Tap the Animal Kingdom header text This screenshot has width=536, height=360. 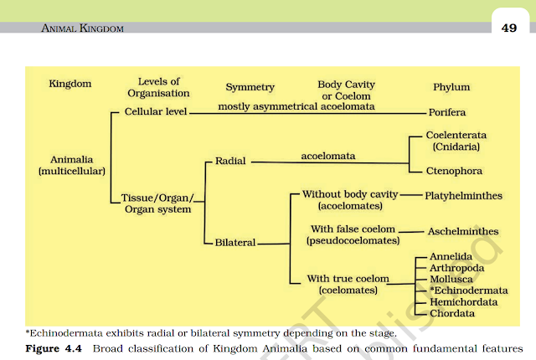coord(82,28)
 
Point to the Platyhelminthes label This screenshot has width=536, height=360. coord(464,195)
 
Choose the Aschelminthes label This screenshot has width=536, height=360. coord(463,231)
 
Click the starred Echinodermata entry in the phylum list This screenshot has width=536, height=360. coord(461,291)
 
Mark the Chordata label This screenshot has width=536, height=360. coord(452,313)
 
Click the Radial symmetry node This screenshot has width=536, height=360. coord(229,160)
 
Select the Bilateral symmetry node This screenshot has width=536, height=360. coord(234,243)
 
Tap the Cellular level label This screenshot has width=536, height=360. coord(156,111)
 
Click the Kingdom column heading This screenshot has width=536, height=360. coord(70,85)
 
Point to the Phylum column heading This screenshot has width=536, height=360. coord(452,86)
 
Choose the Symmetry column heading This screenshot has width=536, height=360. coord(250,88)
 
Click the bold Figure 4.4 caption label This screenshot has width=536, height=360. coord(52,347)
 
